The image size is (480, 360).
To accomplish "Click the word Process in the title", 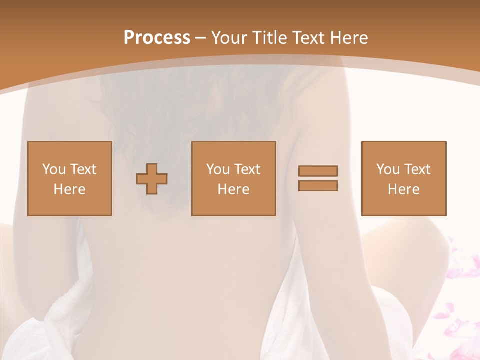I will pyautogui.click(x=157, y=38).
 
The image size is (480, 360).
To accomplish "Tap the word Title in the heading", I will pyautogui.click(x=269, y=38).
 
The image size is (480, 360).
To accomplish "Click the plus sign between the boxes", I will pyautogui.click(x=152, y=179).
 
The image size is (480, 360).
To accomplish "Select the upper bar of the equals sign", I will pyautogui.click(x=318, y=171).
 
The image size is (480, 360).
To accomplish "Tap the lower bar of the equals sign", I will pyautogui.click(x=318, y=186).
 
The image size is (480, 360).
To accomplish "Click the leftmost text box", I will pyautogui.click(x=69, y=178).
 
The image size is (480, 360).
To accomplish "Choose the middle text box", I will pyautogui.click(x=233, y=178).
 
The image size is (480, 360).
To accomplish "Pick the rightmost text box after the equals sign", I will pyautogui.click(x=403, y=178).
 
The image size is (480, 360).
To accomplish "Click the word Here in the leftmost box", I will pyautogui.click(x=69, y=189).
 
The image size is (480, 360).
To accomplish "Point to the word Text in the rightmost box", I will pyautogui.click(x=417, y=169).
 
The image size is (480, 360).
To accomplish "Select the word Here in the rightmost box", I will pyautogui.click(x=403, y=189).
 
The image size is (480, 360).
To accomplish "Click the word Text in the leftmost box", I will pyautogui.click(x=83, y=169).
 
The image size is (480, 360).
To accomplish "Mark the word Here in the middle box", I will pyautogui.click(x=233, y=189).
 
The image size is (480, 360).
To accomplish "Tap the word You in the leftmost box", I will pyautogui.click(x=53, y=169).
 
